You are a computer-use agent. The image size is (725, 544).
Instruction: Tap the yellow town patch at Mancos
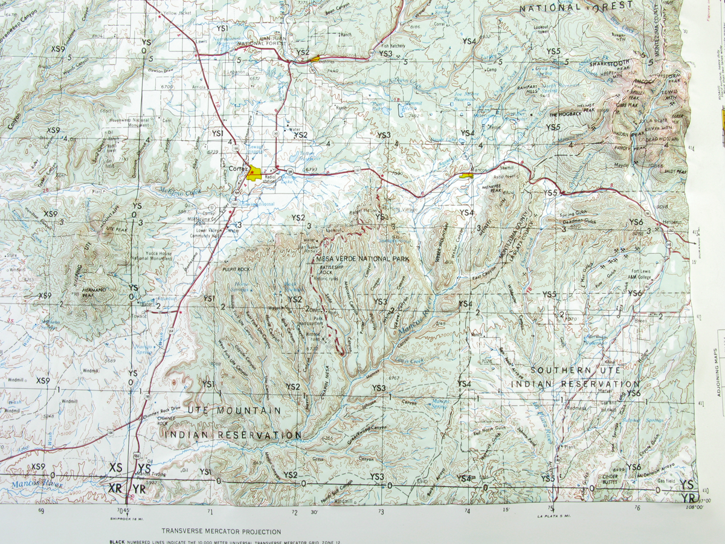tap(466, 176)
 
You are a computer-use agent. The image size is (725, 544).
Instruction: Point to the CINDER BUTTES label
tap(608, 479)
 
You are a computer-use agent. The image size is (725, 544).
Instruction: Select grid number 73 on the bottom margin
tap(381, 512)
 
